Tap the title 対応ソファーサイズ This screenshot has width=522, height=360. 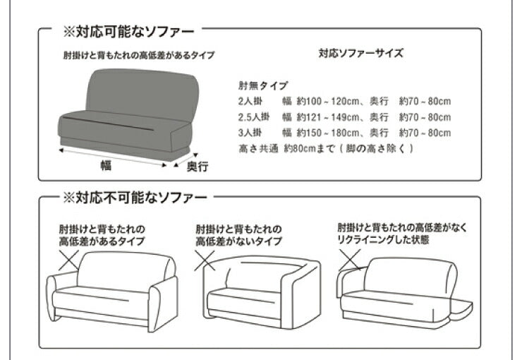tap(360, 54)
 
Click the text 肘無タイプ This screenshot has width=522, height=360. tap(263, 85)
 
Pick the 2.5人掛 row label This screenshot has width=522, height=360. tap(255, 117)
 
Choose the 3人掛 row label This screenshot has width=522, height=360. tap(251, 133)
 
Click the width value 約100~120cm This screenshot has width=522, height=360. tap(322, 102)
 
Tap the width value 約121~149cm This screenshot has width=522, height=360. tap(322, 117)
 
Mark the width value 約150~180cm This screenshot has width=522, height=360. tap(322, 133)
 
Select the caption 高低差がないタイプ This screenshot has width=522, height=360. tap(239, 241)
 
